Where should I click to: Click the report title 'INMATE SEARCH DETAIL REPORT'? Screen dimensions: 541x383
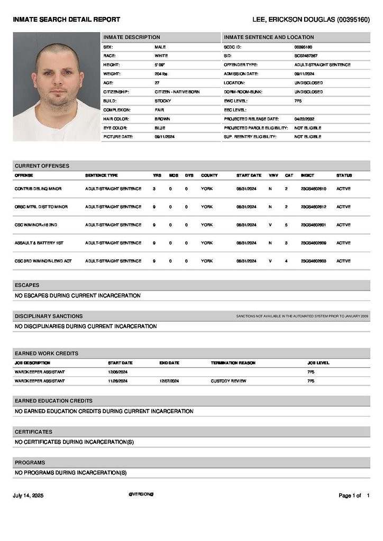click(x=67, y=20)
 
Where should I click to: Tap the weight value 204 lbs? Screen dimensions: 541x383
click(x=161, y=74)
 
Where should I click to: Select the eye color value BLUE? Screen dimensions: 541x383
click(x=160, y=128)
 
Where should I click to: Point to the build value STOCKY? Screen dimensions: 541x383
click(x=162, y=101)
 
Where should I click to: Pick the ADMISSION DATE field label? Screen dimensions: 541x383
click(x=241, y=74)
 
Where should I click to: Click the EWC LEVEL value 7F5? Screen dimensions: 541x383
click(x=298, y=101)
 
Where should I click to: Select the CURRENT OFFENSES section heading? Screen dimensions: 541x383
click(x=42, y=166)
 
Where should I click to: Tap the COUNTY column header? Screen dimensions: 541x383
click(x=209, y=175)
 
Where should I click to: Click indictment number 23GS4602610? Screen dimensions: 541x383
click(x=313, y=189)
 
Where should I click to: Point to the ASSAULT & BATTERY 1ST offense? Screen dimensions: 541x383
click(x=39, y=243)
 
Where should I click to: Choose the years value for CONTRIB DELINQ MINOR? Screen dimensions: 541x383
click(x=154, y=189)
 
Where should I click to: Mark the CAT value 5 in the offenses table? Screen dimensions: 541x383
click(x=286, y=225)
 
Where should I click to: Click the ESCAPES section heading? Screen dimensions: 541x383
click(x=27, y=285)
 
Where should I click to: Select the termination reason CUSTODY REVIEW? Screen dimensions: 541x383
click(x=228, y=381)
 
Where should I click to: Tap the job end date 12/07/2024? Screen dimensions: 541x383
click(x=169, y=381)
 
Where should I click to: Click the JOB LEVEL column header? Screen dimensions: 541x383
click(x=318, y=363)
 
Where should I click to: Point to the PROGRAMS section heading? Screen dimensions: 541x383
click(x=30, y=463)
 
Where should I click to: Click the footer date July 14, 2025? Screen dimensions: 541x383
click(x=28, y=496)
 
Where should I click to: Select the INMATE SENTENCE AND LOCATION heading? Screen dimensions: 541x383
click(x=269, y=38)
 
